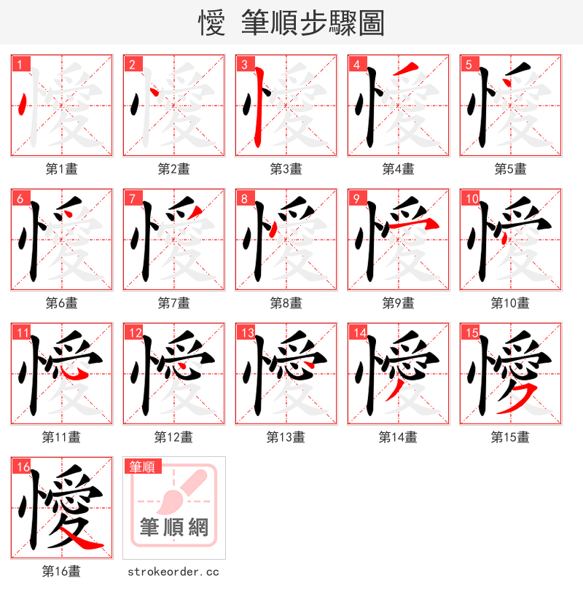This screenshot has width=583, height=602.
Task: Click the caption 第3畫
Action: click(x=286, y=169)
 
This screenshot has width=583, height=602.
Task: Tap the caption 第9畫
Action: click(x=398, y=303)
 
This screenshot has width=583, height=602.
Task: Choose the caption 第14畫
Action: click(x=398, y=437)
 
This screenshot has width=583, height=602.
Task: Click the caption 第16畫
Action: click(x=61, y=571)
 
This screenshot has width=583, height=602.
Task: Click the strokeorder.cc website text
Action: click(x=173, y=572)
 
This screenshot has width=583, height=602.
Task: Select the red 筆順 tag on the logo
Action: click(x=144, y=466)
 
